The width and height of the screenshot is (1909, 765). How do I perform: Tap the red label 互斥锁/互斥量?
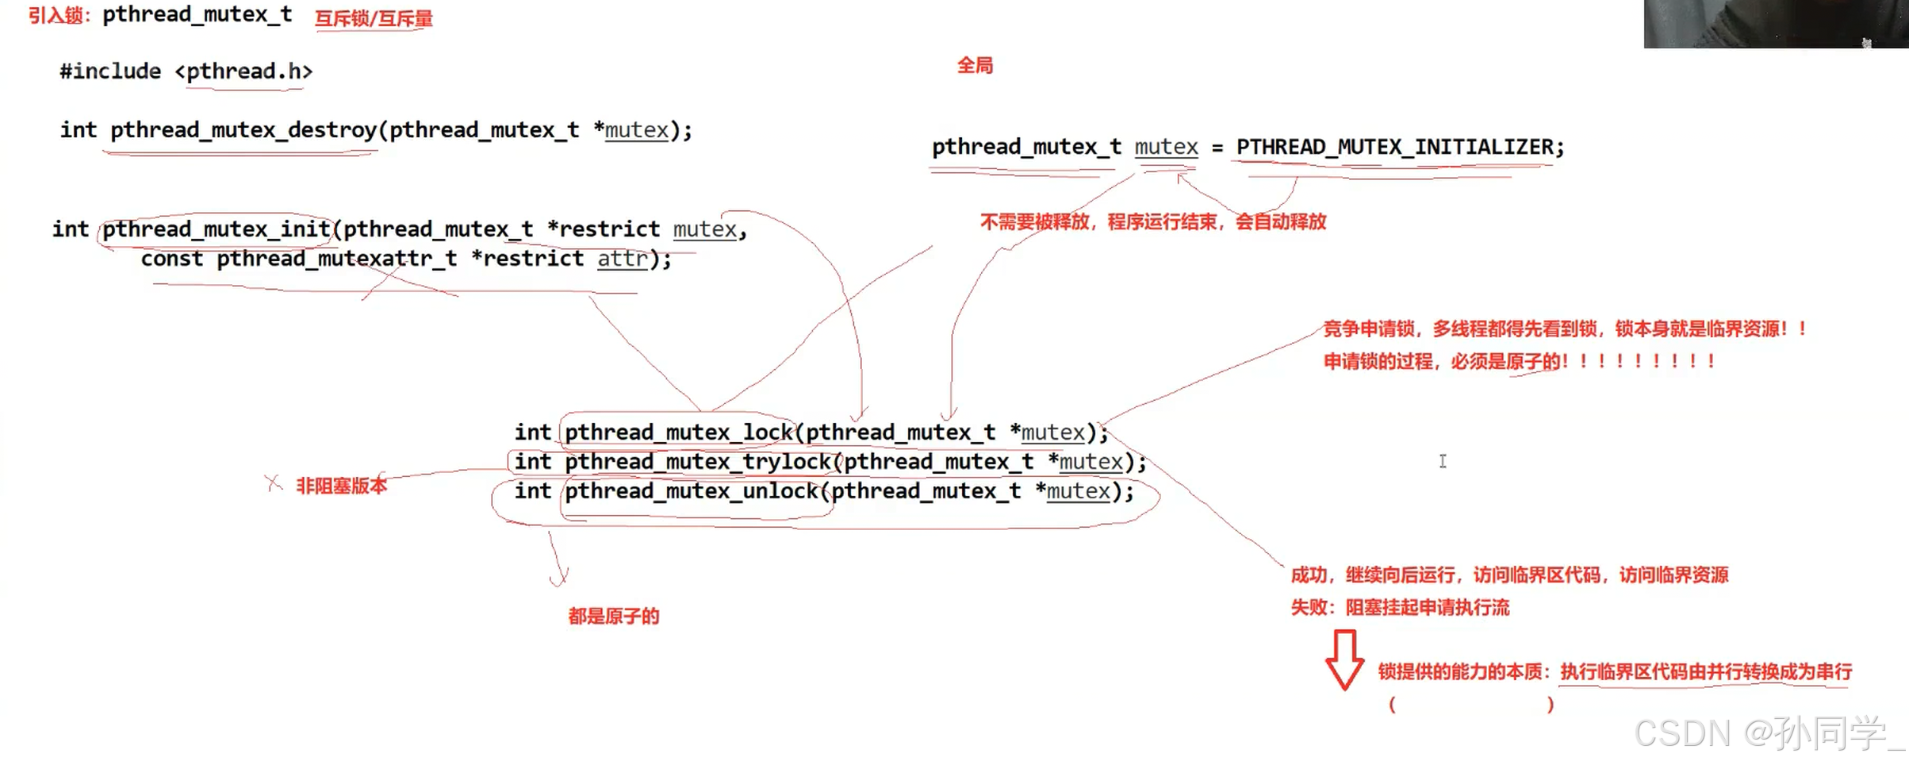click(374, 19)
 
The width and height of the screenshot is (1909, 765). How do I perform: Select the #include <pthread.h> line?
click(186, 71)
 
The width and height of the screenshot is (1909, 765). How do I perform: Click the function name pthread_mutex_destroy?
click(243, 130)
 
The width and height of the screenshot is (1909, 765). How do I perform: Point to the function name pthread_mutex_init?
click(216, 229)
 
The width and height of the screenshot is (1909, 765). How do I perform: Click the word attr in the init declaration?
click(622, 259)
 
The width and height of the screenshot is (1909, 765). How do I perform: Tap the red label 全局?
click(975, 66)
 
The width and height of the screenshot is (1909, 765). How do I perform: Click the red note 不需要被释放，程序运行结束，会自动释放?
click(1153, 221)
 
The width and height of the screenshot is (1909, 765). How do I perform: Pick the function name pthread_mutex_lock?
click(679, 432)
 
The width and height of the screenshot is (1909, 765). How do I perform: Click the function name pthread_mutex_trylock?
click(698, 462)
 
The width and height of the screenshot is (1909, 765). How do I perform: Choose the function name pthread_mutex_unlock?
click(691, 491)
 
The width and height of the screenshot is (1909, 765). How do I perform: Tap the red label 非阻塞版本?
click(341, 486)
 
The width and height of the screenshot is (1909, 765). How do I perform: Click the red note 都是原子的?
click(613, 617)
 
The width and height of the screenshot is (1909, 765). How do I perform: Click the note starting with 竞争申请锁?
click(1562, 329)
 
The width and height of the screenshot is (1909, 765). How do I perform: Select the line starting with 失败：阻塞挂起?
click(1400, 608)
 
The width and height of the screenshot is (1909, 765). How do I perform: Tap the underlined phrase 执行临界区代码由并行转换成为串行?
click(1706, 672)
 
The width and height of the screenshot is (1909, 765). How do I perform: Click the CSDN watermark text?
click(1769, 733)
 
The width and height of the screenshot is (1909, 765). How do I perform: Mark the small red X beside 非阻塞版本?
click(274, 482)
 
